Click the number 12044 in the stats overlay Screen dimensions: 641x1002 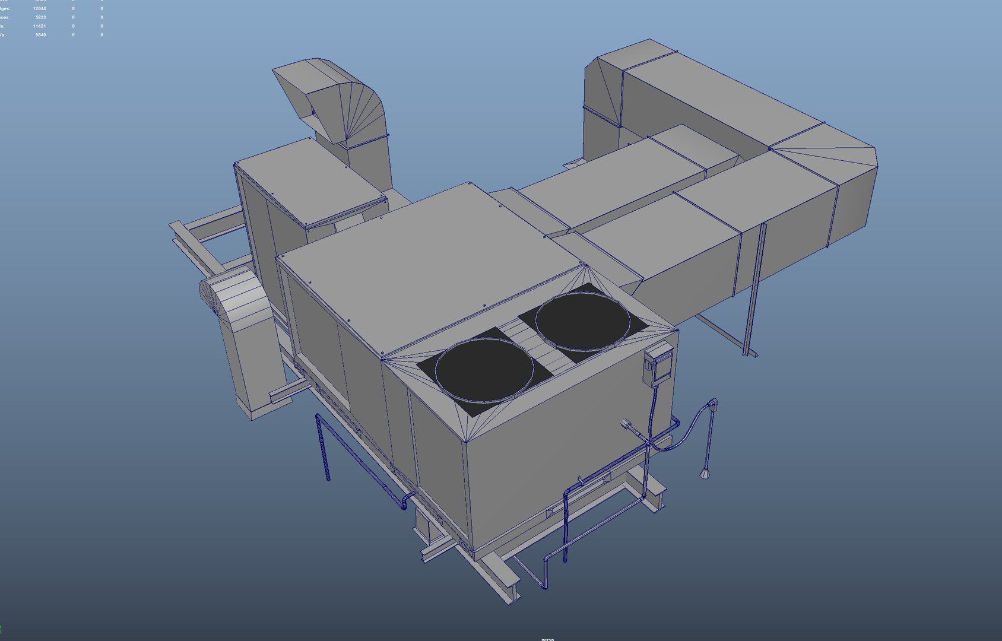click(x=39, y=9)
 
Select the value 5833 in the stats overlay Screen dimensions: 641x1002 click(x=40, y=17)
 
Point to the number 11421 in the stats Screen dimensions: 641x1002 click(x=39, y=26)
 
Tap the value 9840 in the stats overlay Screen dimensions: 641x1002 click(x=40, y=35)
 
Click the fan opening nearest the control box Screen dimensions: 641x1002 click(x=582, y=321)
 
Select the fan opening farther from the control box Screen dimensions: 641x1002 click(x=484, y=369)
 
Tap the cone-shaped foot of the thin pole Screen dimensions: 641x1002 click(x=705, y=474)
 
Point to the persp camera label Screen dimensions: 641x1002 click(x=547, y=639)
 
